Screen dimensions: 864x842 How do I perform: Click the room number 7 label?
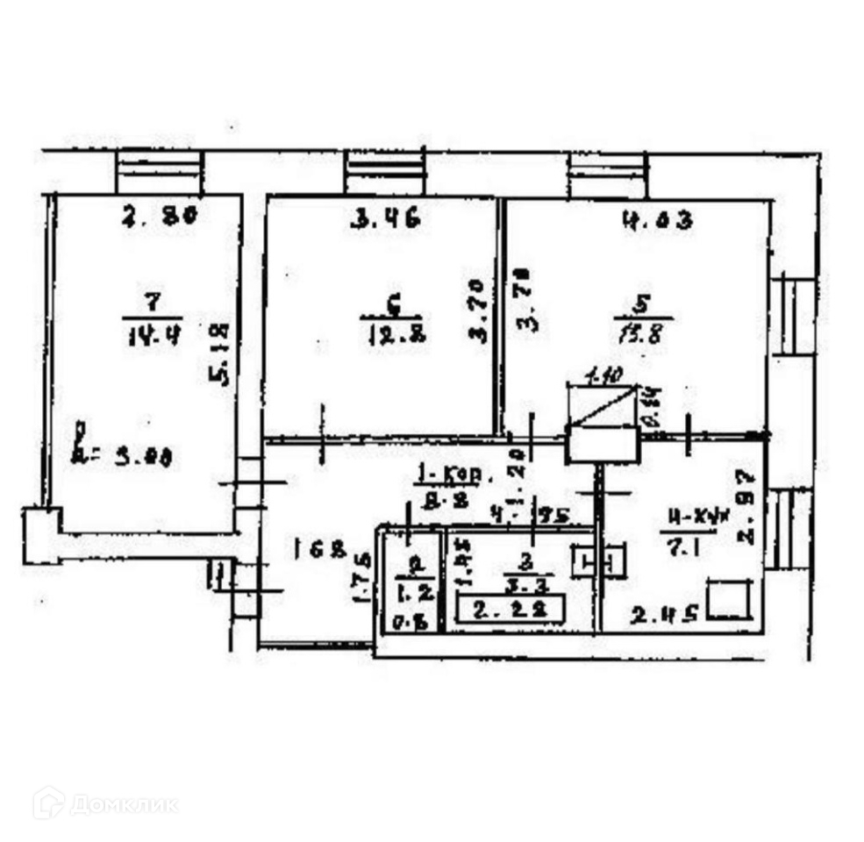(152, 303)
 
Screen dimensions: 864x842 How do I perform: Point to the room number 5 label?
(642, 303)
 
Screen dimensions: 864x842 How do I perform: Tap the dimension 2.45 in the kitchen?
(664, 615)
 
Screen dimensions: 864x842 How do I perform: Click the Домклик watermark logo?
(105, 803)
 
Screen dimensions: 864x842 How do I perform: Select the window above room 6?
(385, 173)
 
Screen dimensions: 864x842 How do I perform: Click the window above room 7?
(160, 173)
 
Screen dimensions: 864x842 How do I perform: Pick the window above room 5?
(608, 176)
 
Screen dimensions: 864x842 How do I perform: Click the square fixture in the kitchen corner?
(730, 601)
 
